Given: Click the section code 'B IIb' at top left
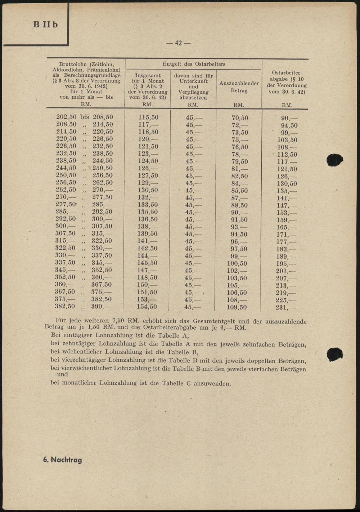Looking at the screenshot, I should [x=45, y=25].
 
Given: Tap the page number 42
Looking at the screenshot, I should [x=178, y=43].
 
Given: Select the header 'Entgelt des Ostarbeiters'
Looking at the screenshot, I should [x=194, y=64].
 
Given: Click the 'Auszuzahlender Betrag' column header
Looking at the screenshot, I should [x=239, y=87].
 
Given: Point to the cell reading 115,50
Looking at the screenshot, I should [x=148, y=117].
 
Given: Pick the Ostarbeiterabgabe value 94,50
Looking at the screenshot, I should [x=289, y=125].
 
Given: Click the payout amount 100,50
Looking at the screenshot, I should [x=237, y=263].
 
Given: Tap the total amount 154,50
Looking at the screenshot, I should [x=147, y=307].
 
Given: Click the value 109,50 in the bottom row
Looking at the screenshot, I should [x=237, y=307].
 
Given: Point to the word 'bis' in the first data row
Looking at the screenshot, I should [x=85, y=117].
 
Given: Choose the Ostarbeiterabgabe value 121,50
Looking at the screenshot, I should [x=287, y=169].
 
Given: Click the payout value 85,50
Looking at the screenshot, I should [x=239, y=191].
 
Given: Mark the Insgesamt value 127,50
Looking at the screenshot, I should [x=148, y=175].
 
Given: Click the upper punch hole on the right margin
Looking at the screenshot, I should [x=334, y=160].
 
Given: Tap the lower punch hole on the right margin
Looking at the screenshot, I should [x=334, y=354].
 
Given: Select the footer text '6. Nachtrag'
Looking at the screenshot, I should [x=62, y=460].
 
